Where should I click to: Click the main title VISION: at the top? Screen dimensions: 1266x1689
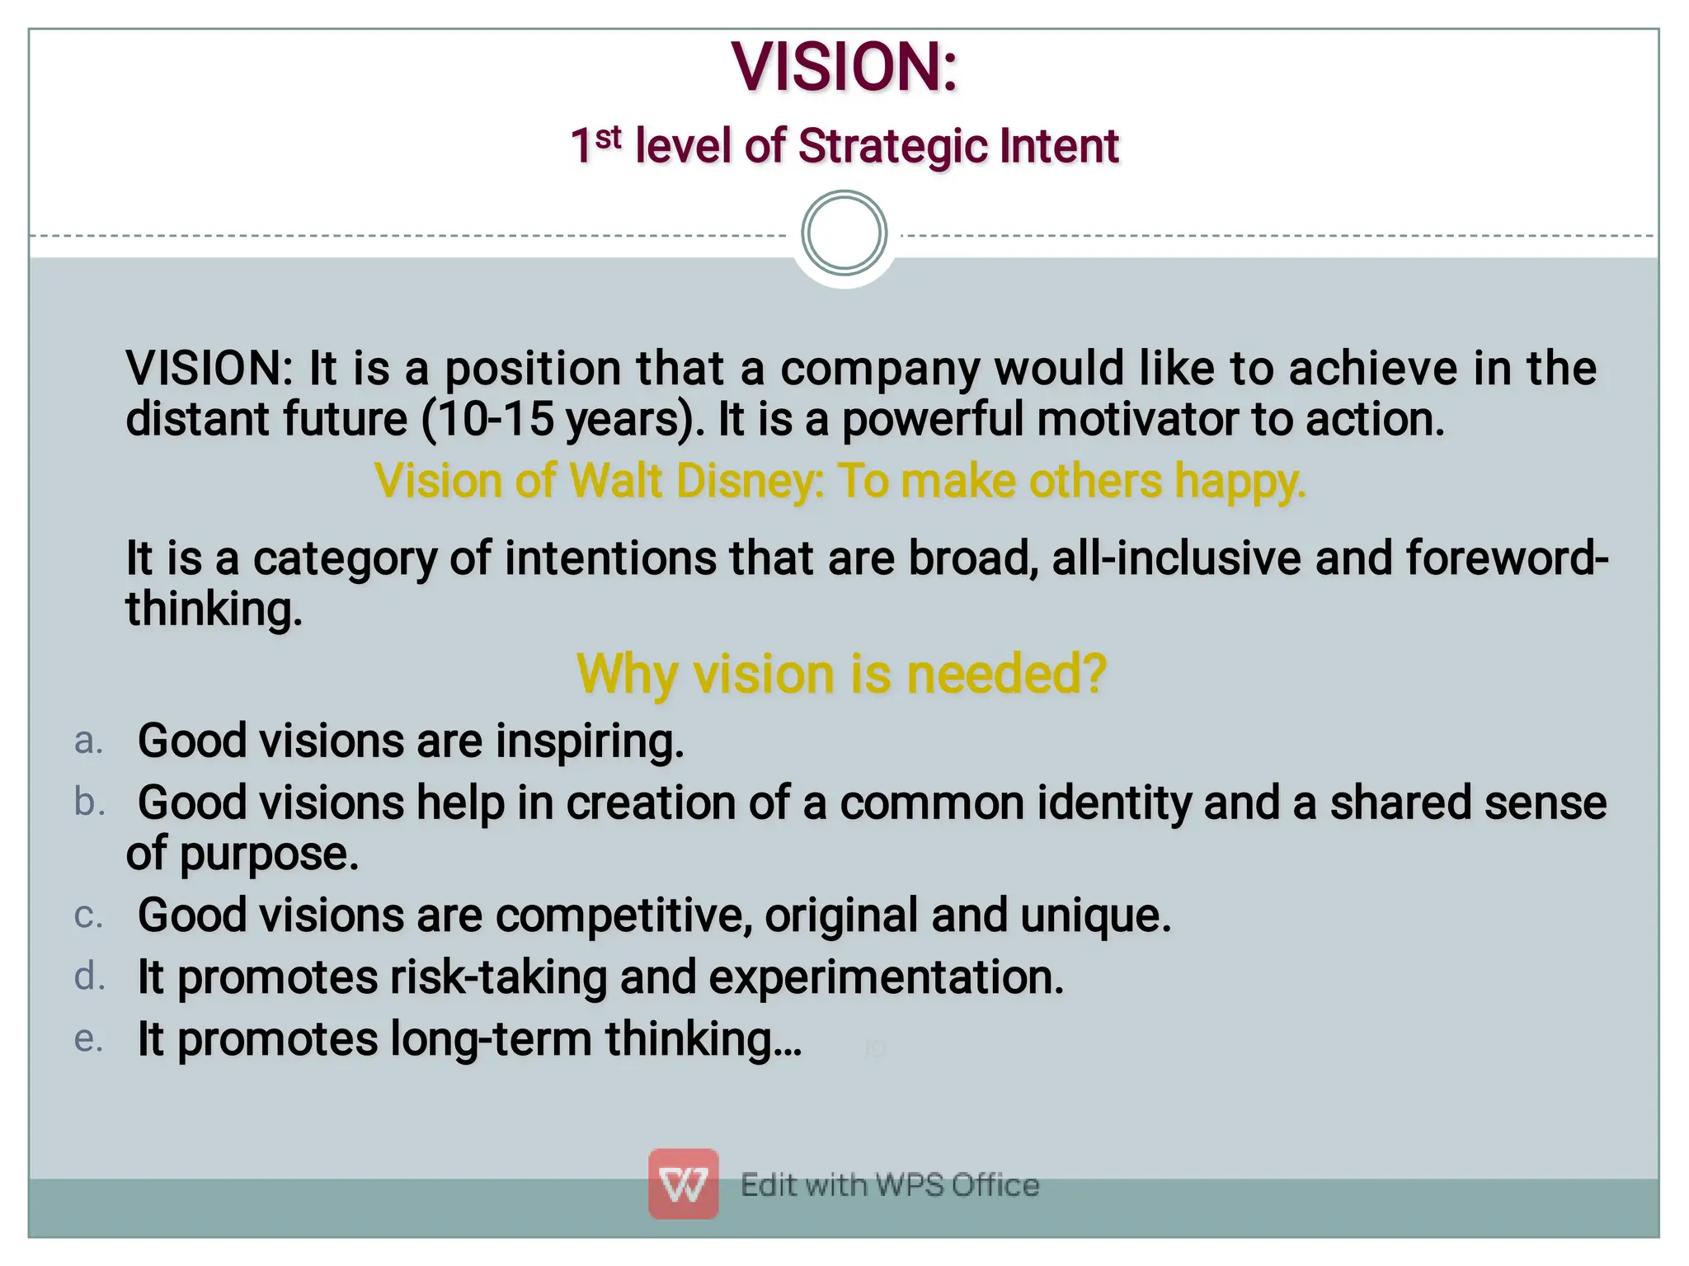tap(844, 67)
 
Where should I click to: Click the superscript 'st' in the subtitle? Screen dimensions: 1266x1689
tap(608, 138)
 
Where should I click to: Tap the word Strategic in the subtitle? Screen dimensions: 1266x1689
tap(892, 147)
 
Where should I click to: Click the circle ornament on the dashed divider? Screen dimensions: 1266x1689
tap(844, 233)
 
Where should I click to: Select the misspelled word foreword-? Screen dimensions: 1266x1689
tap(1506, 558)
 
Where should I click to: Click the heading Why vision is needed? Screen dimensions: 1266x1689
tap(840, 674)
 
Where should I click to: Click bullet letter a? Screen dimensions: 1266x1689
tap(88, 741)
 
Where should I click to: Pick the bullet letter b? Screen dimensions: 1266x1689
tap(89, 802)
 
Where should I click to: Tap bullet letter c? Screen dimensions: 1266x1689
tap(88, 915)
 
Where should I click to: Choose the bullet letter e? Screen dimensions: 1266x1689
tap(88, 1039)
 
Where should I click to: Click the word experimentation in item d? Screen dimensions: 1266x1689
tap(886, 977)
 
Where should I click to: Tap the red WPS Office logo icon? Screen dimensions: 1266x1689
tap(683, 1184)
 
